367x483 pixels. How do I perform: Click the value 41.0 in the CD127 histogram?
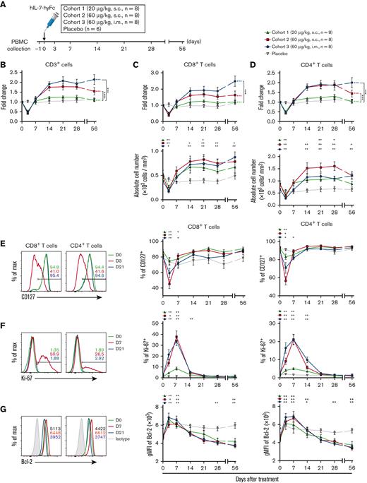51,270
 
